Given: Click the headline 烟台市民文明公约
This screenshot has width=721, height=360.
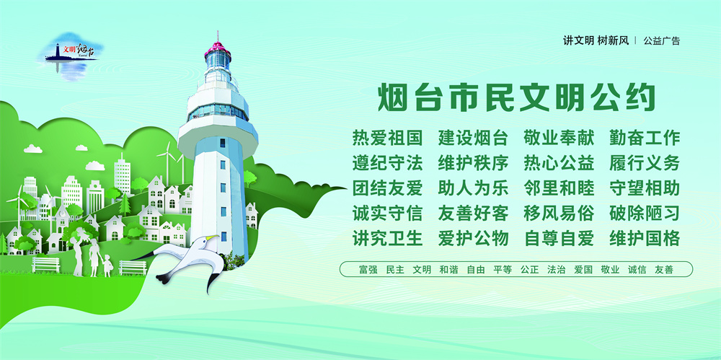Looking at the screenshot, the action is (x=516, y=97).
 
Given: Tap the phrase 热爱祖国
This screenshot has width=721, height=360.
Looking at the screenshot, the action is (x=387, y=138).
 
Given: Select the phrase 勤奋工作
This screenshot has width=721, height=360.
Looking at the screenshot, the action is (x=645, y=138).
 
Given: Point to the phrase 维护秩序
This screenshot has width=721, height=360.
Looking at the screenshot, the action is (x=473, y=163).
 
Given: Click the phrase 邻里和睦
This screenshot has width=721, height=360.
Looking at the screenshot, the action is (x=559, y=188).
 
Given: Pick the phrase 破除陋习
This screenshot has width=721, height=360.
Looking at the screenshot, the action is (x=645, y=213).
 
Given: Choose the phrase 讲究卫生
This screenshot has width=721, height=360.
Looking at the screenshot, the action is (x=387, y=239).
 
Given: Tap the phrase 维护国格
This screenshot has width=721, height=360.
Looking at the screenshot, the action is (x=645, y=239).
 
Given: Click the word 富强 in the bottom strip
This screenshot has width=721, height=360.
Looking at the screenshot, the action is (x=368, y=270).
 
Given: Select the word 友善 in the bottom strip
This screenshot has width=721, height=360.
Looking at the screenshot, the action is (x=664, y=270).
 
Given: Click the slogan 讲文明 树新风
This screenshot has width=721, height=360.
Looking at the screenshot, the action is (x=596, y=40).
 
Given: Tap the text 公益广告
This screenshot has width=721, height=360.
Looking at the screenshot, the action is (x=662, y=40).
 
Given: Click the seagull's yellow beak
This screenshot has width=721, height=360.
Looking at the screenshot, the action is (x=213, y=237).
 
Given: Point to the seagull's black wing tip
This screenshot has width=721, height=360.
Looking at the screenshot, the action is (x=211, y=283).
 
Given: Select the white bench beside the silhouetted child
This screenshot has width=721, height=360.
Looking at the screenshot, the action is (x=133, y=268).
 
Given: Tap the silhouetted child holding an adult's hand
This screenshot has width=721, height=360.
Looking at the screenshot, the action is (x=107, y=265).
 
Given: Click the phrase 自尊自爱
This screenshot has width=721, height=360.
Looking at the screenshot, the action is (x=559, y=239).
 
